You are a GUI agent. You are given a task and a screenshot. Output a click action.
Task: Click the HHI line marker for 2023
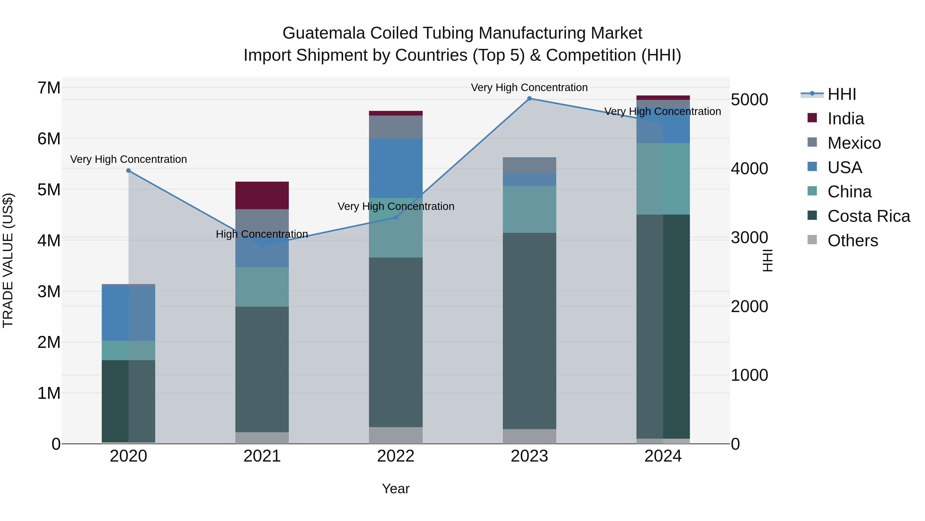(x=529, y=99)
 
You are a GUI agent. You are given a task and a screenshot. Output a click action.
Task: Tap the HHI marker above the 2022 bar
(x=396, y=217)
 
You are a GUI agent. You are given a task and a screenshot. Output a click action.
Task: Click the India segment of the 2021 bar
(x=262, y=196)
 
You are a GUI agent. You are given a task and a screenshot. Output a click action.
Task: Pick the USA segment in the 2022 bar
(x=396, y=168)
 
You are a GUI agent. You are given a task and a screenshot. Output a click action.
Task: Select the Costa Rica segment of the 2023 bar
(x=529, y=331)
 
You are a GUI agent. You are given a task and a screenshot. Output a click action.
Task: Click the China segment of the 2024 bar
(x=663, y=179)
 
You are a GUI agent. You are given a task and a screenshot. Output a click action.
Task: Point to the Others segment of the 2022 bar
(x=396, y=435)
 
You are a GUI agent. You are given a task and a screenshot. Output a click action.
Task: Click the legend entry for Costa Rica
(x=869, y=216)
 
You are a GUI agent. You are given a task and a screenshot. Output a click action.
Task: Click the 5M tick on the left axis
(x=49, y=189)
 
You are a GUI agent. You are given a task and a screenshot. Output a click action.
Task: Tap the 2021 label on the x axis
(x=262, y=456)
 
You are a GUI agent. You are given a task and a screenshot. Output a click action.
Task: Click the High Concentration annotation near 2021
(x=262, y=234)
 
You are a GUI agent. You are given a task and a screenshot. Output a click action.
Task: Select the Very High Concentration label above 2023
(x=529, y=87)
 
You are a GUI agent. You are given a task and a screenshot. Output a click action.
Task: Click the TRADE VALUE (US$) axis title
(x=8, y=260)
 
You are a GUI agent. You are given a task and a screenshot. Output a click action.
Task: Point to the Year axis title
(x=396, y=489)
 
